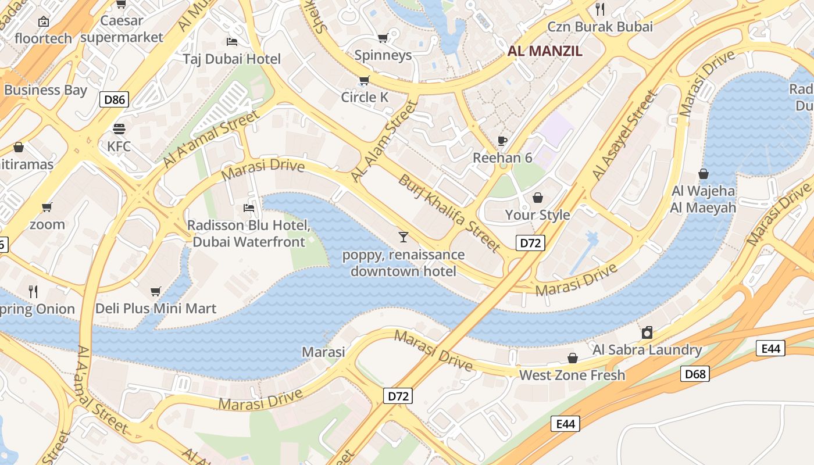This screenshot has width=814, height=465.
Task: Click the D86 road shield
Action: (114, 99)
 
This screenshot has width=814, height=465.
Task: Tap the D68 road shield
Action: (695, 374)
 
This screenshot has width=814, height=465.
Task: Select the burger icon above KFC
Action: (119, 128)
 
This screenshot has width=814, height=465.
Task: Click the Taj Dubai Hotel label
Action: (231, 59)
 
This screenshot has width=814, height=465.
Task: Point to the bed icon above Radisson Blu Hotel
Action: (249, 208)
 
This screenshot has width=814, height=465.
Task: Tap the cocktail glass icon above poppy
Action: (403, 237)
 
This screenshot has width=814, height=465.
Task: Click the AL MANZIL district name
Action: (545, 51)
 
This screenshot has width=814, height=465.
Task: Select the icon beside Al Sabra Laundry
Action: (647, 332)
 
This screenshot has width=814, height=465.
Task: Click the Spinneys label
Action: (383, 55)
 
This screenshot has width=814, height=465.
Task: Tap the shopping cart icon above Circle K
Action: (365, 80)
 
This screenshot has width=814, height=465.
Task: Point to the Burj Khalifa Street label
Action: (449, 213)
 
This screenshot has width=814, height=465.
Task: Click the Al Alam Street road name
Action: (384, 141)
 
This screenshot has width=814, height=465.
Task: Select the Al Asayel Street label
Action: (624, 135)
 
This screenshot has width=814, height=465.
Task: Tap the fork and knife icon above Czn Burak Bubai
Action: (600, 9)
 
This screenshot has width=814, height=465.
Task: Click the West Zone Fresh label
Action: (572, 375)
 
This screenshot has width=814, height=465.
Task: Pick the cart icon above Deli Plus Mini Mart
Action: (155, 291)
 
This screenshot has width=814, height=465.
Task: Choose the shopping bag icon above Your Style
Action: (537, 198)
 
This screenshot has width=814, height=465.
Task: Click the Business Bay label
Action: (45, 90)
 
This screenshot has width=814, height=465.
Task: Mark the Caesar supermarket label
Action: (122, 29)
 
